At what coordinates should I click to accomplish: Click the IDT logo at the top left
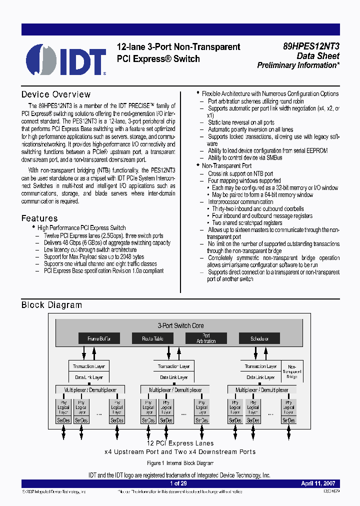pos(65,59)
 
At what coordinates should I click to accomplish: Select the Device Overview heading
pos(56,94)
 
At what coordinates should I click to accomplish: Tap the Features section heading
pos(39,218)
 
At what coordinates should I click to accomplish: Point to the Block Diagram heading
pos(51,305)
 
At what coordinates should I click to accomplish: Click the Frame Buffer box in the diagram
pos(99,338)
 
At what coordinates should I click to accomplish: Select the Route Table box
pos(152,338)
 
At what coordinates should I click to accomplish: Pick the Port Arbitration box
pos(206,338)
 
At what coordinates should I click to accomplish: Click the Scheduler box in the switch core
pos(259,338)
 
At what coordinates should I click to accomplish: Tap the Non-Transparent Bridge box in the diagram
pos(292,371)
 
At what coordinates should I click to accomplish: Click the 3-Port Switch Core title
pos(180,325)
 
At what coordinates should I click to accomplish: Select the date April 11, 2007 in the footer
pos(317,483)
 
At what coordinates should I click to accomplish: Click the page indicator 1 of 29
pos(178,483)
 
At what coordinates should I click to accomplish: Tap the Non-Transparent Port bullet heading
pos(226,165)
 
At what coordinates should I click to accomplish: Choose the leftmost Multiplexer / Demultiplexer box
pos(89,389)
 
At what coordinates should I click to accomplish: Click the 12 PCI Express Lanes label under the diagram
pos(180,443)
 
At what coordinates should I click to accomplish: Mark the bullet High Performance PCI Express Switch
pos(81,228)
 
